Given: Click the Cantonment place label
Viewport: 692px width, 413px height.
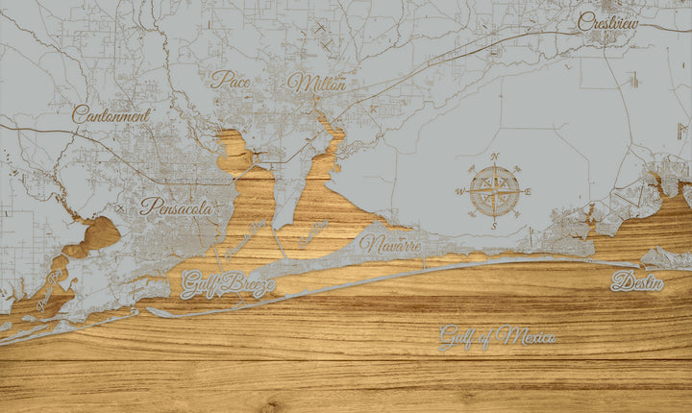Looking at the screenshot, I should pyautogui.click(x=111, y=114).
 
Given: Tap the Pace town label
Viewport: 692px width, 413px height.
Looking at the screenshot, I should pyautogui.click(x=231, y=81).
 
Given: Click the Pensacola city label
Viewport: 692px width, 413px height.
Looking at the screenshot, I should pyautogui.click(x=176, y=206).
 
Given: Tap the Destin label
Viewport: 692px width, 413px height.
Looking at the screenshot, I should pyautogui.click(x=636, y=282).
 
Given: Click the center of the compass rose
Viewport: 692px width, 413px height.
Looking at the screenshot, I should pyautogui.click(x=494, y=190).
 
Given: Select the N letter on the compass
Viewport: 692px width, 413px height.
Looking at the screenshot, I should pyautogui.click(x=494, y=157).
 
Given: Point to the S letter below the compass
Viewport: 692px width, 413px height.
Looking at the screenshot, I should pyautogui.click(x=494, y=226).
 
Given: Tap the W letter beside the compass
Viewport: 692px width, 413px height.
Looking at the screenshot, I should pyautogui.click(x=459, y=191).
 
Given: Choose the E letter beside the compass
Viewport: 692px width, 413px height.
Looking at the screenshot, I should pyautogui.click(x=528, y=190).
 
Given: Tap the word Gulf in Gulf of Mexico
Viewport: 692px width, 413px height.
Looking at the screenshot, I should pyautogui.click(x=456, y=337).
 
